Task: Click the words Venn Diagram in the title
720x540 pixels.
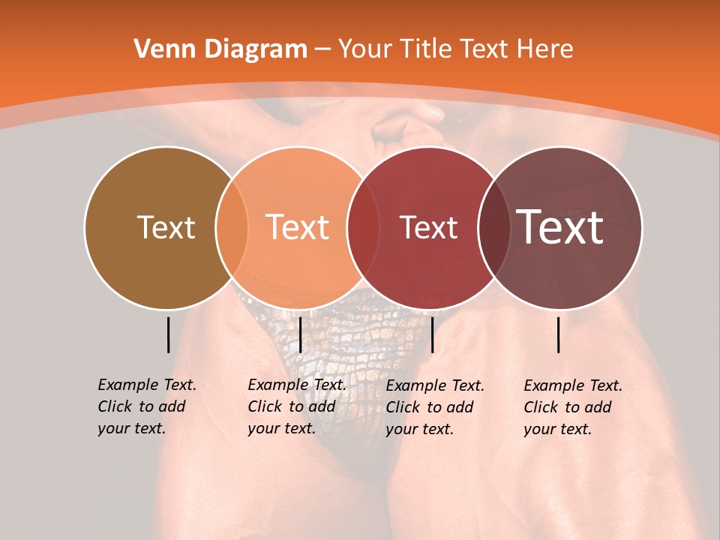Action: pos(220,49)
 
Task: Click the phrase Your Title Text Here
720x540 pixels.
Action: pos(455,49)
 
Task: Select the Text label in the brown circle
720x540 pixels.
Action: pos(166,227)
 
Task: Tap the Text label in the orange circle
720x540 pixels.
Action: pos(298,227)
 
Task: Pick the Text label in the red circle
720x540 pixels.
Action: pos(428,227)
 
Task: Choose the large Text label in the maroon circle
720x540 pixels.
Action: pos(560,227)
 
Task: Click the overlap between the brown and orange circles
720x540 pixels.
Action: pos(232,228)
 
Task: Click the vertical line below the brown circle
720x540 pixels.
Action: pos(168,334)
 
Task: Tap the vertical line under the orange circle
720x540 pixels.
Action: pos(300,334)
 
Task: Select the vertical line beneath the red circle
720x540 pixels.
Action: pos(432,334)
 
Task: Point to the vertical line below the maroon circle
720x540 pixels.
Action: pos(559,334)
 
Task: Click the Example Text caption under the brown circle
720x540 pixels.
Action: pos(146,406)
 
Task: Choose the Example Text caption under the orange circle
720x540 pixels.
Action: pos(296,406)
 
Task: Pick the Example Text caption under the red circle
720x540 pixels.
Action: pos(434,407)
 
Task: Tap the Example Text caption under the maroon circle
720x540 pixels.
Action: pos(572,407)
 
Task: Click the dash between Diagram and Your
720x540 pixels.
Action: pos(322,49)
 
